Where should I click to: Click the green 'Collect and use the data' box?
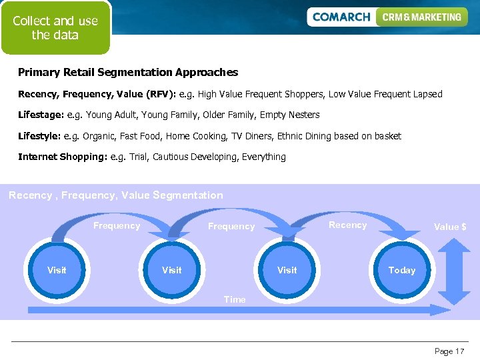[55, 28]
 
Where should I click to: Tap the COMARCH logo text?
[341, 17]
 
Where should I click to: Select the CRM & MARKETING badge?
[421, 17]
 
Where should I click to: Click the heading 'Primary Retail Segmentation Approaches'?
[128, 72]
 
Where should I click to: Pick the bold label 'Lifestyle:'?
[39, 136]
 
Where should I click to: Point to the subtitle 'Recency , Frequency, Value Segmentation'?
[116, 195]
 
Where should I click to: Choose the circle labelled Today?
[401, 270]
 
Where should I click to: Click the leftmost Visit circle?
[57, 270]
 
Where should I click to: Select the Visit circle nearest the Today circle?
[287, 270]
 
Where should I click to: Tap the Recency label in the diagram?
[347, 225]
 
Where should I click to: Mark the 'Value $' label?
[450, 227]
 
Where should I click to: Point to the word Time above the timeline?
[235, 299]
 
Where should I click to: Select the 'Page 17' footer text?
[449, 351]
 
